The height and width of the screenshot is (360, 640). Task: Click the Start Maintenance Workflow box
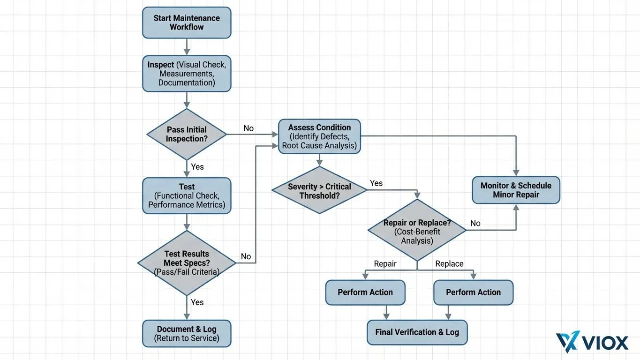[187, 22]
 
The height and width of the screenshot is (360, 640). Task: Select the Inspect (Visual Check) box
[187, 74]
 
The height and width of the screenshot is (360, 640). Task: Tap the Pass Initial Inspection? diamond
[187, 135]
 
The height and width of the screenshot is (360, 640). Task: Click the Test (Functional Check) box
[187, 195]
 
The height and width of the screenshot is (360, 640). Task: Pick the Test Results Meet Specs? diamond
[187, 262]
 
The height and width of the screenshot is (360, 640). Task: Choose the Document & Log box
[187, 333]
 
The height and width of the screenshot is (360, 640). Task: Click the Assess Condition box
[319, 136]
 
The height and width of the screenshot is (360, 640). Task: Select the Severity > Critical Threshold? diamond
[319, 190]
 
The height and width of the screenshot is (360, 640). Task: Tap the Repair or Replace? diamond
[417, 230]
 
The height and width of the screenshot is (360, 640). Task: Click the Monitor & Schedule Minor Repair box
[516, 190]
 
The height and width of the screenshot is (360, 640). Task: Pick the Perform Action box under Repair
[365, 292]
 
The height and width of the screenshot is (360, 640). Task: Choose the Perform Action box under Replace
[473, 292]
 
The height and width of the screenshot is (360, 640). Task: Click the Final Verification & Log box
[417, 332]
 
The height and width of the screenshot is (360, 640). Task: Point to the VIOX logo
[592, 342]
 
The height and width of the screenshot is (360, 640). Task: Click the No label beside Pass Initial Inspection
[248, 128]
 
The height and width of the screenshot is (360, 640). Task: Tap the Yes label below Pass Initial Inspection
[197, 167]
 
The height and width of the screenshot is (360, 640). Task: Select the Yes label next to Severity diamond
[376, 183]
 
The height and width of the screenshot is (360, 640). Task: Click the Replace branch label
[449, 264]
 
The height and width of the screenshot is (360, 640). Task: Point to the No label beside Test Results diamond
[246, 256]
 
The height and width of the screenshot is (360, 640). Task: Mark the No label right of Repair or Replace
[475, 224]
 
